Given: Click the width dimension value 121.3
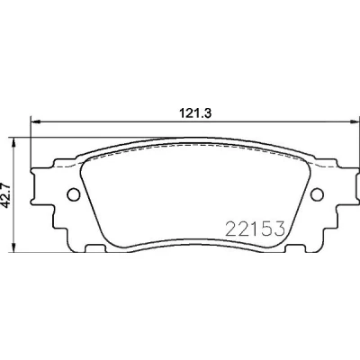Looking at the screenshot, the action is pyautogui.click(x=195, y=113).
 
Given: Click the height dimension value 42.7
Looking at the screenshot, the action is pyautogui.click(x=6, y=194).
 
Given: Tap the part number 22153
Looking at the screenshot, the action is pyautogui.click(x=255, y=229).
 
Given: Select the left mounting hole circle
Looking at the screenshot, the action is pyautogui.click(x=74, y=194).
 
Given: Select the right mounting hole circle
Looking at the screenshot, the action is pyautogui.click(x=317, y=194).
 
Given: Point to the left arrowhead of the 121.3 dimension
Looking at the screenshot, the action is pyautogui.click(x=35, y=121).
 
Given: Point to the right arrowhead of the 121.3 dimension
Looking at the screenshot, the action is pyautogui.click(x=355, y=121).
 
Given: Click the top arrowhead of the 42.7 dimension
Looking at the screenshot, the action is pyautogui.click(x=13, y=143).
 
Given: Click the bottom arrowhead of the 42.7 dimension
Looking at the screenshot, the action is pyautogui.click(x=13, y=247).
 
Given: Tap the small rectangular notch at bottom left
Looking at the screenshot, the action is pyautogui.click(x=95, y=248).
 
